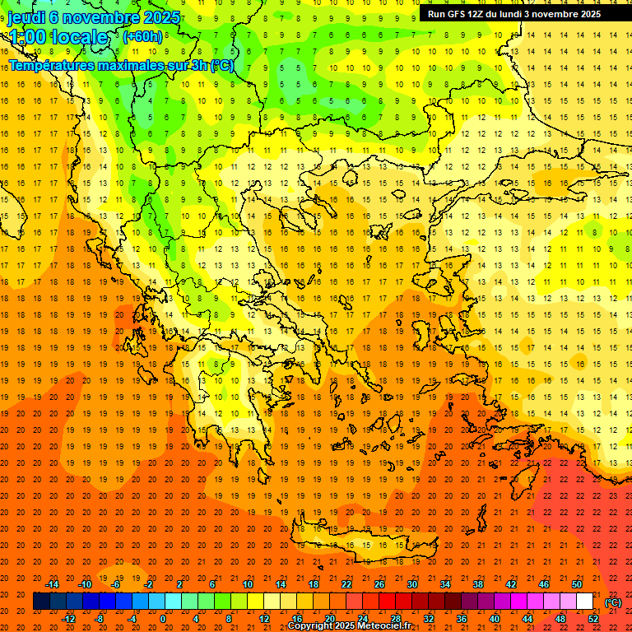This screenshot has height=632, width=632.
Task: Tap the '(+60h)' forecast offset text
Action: (142, 36)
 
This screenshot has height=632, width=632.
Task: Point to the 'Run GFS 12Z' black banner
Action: (513, 14)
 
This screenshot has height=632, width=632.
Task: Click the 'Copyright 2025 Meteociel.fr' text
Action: (349, 626)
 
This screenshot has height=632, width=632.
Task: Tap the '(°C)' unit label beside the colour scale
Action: (612, 602)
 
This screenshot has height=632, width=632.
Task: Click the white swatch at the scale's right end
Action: (584, 602)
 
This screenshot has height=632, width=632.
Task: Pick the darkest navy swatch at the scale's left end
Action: (41, 602)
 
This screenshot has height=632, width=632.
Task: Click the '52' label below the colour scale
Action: (593, 619)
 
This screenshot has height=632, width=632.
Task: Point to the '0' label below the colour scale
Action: (163, 619)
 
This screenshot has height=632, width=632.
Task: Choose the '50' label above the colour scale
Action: (577, 584)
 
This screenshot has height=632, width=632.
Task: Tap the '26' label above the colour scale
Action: (379, 584)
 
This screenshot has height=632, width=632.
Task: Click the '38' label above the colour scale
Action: (478, 584)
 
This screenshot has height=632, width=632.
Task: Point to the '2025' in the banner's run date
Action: (588, 14)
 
